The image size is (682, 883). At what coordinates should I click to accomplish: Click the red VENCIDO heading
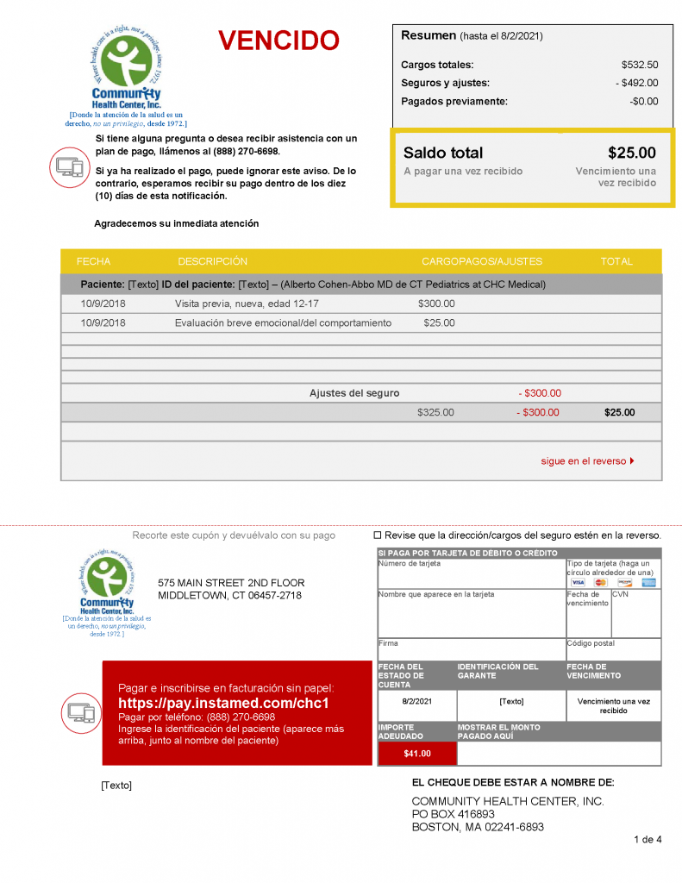278,41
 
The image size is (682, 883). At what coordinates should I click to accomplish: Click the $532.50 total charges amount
639,65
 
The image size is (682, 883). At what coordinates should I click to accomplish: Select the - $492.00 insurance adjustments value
636,83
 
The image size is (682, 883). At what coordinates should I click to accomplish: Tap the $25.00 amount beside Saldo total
631,153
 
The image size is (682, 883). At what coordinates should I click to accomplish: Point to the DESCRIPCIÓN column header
212,261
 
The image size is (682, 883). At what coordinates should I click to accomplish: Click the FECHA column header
93,261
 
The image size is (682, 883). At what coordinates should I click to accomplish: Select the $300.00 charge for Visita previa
436,304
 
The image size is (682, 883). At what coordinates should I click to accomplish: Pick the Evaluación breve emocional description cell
283,323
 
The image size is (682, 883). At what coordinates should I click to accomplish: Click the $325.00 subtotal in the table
435,412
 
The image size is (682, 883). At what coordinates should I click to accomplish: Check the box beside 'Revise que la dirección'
378,535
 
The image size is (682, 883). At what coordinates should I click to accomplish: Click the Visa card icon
578,583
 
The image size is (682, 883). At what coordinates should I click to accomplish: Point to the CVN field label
621,595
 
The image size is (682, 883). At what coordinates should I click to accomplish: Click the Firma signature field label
387,643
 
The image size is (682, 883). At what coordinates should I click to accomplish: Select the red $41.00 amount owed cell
416,754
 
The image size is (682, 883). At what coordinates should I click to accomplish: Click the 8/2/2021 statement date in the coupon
416,701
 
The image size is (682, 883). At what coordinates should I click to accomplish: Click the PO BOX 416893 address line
453,814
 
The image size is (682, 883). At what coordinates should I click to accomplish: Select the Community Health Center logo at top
127,73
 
